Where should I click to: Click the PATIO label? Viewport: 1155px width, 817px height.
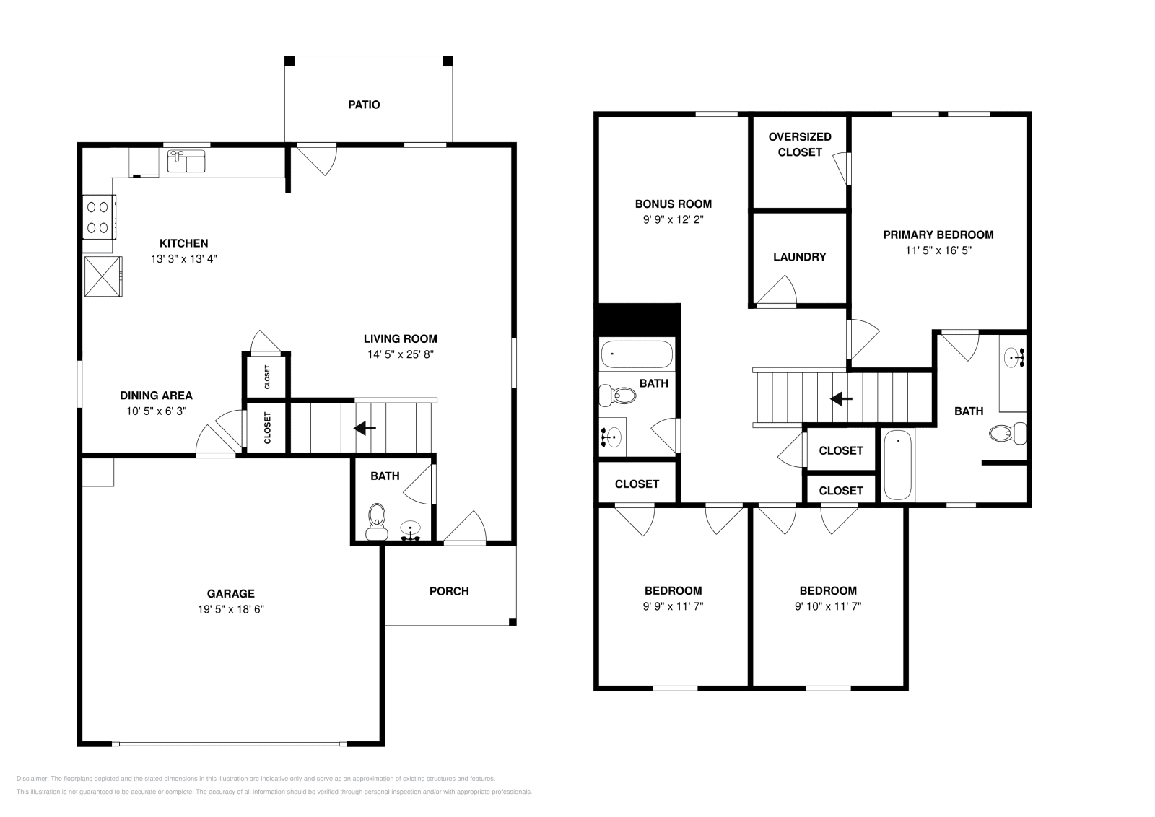[x=364, y=105]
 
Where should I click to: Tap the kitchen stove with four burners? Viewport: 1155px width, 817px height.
[x=99, y=217]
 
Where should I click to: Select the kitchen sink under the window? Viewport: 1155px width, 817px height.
[x=186, y=161]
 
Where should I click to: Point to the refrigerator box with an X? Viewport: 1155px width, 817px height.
[x=103, y=276]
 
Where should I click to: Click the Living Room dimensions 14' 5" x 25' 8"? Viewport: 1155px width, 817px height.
[x=401, y=354]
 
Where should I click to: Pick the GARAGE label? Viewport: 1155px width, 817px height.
[x=230, y=593]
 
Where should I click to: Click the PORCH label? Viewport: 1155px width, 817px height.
[x=449, y=591]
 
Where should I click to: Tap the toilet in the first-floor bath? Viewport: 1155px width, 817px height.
[x=377, y=522]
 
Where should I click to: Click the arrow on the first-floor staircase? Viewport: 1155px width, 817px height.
[x=365, y=428]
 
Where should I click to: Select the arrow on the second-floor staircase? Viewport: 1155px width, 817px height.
[x=841, y=398]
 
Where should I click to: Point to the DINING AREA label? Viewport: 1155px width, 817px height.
[x=156, y=396]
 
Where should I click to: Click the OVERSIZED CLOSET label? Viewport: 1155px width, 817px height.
[x=800, y=144]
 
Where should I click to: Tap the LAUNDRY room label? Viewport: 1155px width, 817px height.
[x=800, y=257]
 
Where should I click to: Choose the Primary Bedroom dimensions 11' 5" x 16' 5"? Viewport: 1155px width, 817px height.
[x=938, y=250]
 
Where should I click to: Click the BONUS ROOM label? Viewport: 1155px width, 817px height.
[x=674, y=204]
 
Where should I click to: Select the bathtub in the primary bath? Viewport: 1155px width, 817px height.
[x=898, y=465]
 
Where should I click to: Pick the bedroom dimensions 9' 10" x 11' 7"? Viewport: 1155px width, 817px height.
[x=828, y=606]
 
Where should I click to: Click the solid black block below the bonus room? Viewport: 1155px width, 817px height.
[x=638, y=320]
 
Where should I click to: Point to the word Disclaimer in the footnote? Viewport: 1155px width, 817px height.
[x=32, y=779]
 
